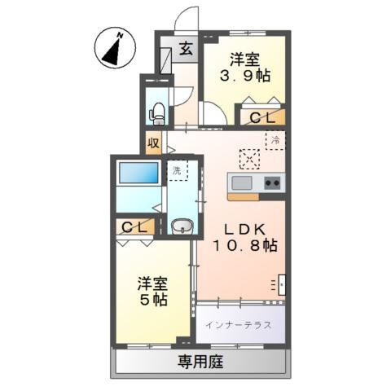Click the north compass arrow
(115, 48)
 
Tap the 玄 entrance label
(187, 48)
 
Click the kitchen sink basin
(244, 182)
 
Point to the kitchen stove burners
(272, 182)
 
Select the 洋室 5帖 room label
(152, 291)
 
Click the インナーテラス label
(239, 324)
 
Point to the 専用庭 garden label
(200, 359)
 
